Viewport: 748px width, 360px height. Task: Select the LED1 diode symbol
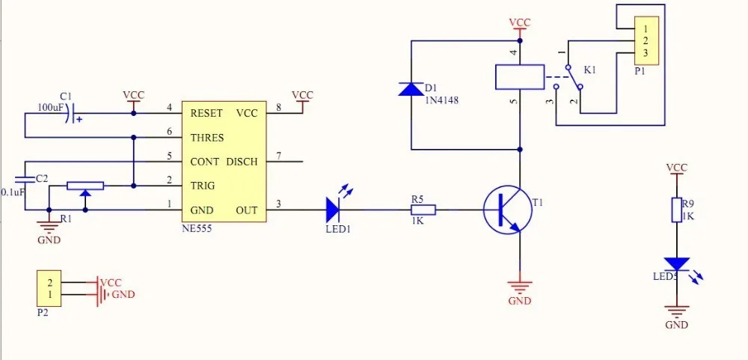(x=334, y=210)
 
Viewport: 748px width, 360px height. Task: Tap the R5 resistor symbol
(x=423, y=210)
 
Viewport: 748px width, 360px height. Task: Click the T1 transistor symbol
(x=506, y=210)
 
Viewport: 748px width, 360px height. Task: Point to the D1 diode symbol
(x=411, y=89)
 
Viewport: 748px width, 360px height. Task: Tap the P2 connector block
(x=49, y=289)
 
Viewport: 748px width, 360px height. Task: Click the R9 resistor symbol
(x=677, y=210)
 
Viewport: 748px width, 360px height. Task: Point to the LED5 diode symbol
(x=677, y=263)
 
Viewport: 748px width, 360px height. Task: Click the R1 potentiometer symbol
(x=85, y=186)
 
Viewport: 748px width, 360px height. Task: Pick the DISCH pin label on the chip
(x=242, y=162)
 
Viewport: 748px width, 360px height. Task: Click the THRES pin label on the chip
(x=207, y=138)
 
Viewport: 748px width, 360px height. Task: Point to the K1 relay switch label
(x=590, y=70)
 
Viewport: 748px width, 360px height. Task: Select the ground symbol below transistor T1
(x=520, y=285)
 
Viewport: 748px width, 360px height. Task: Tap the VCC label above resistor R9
(x=677, y=167)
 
